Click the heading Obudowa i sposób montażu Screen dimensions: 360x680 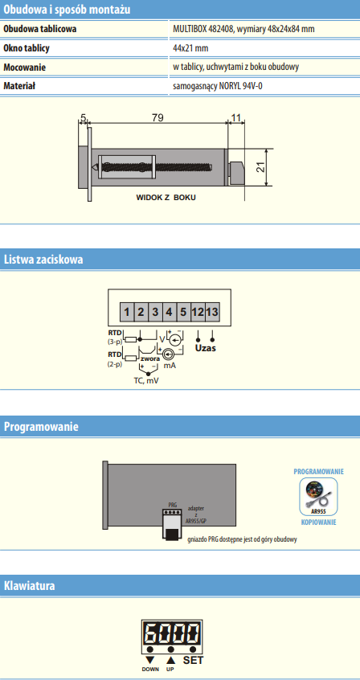click(67, 10)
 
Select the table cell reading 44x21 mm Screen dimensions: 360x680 click(190, 48)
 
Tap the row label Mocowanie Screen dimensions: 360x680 click(25, 68)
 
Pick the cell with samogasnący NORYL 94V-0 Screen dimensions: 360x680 click(218, 86)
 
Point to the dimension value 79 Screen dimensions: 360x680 click(157, 117)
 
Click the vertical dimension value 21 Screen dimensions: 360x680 click(260, 167)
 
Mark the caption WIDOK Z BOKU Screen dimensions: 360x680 click(166, 197)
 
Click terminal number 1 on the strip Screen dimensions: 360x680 click(127, 312)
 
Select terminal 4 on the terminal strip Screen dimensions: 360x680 click(170, 312)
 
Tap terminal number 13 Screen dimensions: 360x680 click(211, 312)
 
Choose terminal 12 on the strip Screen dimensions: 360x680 click(198, 312)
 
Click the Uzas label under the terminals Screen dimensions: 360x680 click(205, 348)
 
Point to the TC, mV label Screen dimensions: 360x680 click(145, 381)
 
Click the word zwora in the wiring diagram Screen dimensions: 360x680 click(150, 358)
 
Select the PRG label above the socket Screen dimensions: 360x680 click(173, 506)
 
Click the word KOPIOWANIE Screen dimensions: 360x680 click(319, 522)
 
